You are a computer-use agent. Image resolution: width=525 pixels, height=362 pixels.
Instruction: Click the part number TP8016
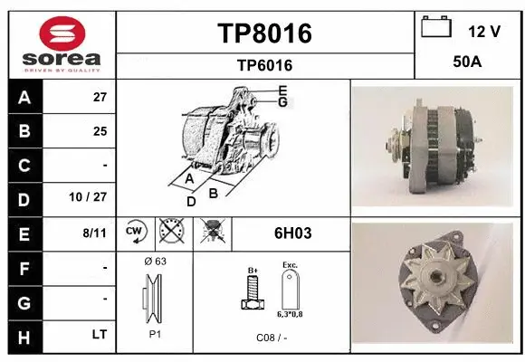click(264, 33)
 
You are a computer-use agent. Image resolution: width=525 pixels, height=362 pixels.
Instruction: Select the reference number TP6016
click(264, 65)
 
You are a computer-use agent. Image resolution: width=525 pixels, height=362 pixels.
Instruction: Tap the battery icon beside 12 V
click(436, 27)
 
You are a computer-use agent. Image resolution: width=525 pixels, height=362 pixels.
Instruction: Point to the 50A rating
click(466, 62)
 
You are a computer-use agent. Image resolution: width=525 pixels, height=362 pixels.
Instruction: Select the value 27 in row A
click(100, 97)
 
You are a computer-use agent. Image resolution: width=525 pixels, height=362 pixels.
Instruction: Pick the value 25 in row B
click(100, 131)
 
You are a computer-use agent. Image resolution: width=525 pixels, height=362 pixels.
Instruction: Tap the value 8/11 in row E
click(94, 233)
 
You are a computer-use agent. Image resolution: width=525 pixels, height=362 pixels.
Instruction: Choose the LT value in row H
click(99, 334)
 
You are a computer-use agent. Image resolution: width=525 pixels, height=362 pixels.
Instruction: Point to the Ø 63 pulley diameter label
click(154, 262)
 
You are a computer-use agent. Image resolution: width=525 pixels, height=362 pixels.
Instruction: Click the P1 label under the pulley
click(154, 333)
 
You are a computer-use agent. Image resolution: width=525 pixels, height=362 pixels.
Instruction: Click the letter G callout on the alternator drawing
click(282, 102)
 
